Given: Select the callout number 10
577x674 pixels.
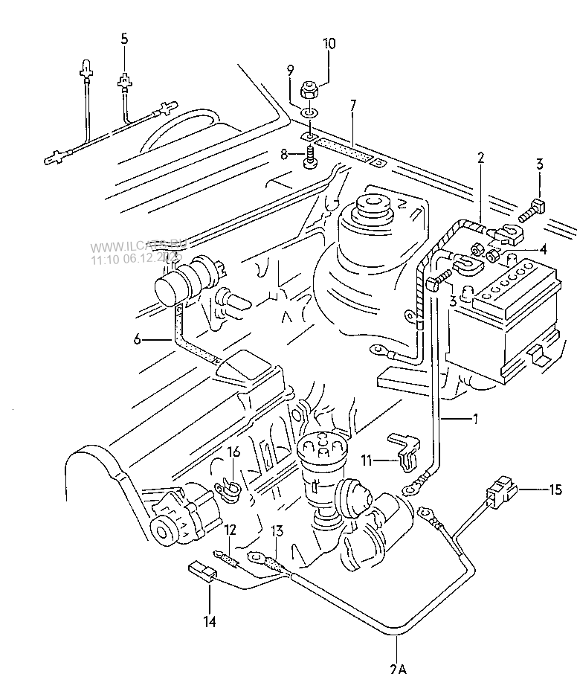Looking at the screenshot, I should tap(328, 44).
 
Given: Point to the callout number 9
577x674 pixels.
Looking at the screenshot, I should tap(291, 71).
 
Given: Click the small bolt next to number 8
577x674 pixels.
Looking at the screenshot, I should tap(309, 158).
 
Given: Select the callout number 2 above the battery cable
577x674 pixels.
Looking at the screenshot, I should tap(481, 157).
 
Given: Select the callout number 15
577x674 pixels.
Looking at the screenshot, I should tap(555, 490).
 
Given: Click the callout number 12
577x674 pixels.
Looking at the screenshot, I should tap(231, 529).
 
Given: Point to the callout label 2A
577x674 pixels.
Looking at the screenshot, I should tap(398, 666).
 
